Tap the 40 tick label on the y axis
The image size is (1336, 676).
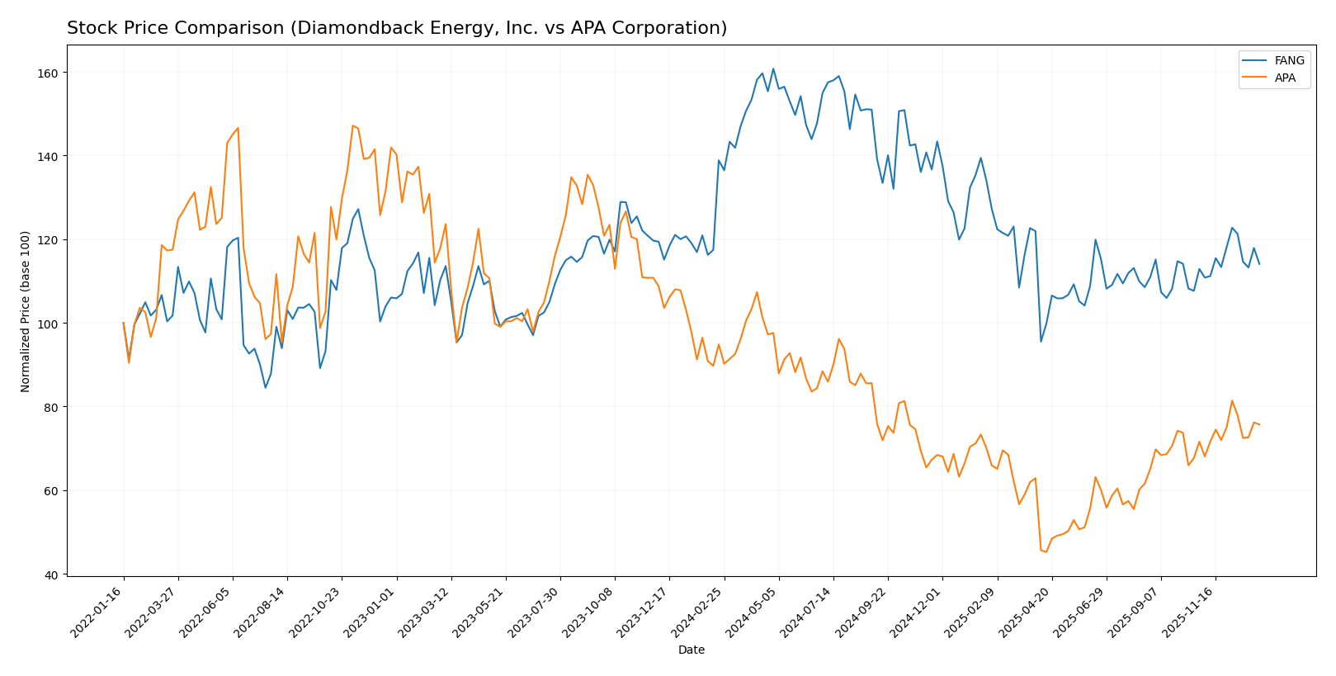50,574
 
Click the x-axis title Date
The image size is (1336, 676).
692,650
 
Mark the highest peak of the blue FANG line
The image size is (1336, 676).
773,69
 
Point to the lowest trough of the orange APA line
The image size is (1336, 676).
1046,551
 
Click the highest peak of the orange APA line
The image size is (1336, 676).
352,125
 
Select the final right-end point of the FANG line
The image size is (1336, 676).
1259,264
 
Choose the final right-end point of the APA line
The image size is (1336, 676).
1259,424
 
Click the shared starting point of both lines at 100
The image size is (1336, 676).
124,323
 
